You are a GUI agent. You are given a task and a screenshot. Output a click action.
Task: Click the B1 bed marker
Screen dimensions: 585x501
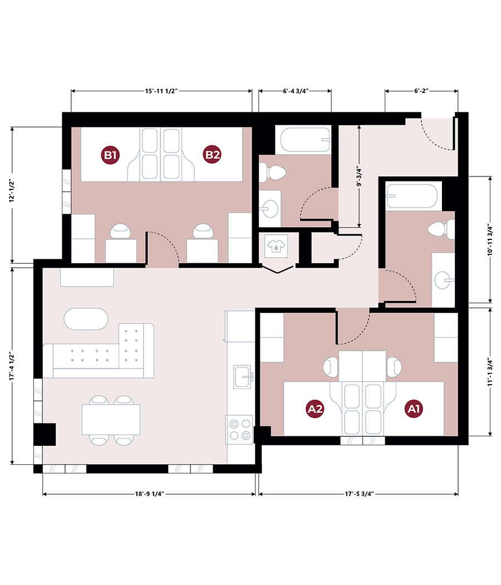[110, 155]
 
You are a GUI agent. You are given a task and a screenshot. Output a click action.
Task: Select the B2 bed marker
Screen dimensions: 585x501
[212, 155]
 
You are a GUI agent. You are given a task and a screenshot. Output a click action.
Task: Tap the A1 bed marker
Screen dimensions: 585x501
[414, 409]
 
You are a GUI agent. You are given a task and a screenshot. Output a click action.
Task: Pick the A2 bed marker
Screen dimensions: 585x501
[316, 409]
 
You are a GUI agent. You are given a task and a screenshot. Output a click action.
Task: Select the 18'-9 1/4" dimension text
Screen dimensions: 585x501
[149, 494]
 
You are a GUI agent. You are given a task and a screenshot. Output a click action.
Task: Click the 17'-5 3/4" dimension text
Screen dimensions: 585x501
[358, 494]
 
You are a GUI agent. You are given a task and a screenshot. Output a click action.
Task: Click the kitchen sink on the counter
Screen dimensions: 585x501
[243, 374]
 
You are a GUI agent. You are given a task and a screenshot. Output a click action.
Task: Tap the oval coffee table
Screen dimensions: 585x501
[86, 319]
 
